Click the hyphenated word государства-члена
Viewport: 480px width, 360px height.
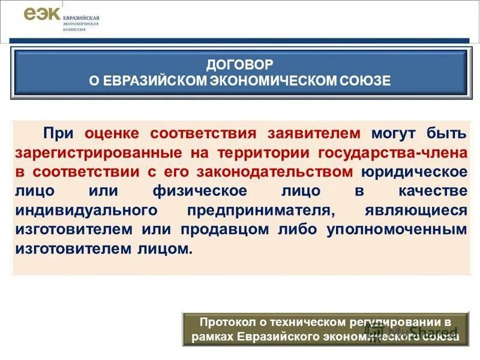click(x=392, y=153)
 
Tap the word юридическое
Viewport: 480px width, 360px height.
click(x=415, y=172)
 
